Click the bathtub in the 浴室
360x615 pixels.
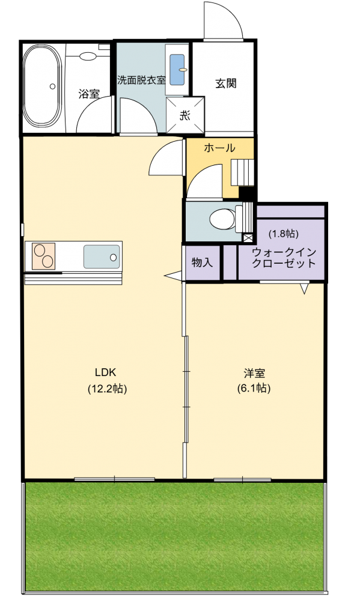coord(41,87)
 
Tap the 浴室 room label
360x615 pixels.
coord(88,94)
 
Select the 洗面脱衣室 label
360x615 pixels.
coord(141,79)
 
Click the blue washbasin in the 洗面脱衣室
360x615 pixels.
coord(177,70)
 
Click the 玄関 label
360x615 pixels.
coord(225,83)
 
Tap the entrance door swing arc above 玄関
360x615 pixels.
coord(224,22)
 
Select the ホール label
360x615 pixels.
coord(219,148)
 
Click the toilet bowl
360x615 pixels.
coord(224,219)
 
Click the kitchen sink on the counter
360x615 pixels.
coord(100,257)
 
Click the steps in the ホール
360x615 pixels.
coord(243,172)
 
